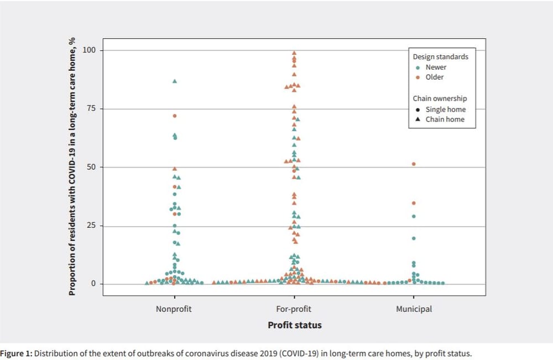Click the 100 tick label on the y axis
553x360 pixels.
(x=89, y=50)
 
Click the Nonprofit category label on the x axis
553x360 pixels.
(x=174, y=309)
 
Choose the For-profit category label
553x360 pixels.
(x=294, y=309)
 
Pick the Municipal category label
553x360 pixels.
(x=414, y=309)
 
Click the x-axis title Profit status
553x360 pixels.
(x=294, y=325)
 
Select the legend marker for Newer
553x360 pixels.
(x=418, y=67)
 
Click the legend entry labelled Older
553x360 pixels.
(x=435, y=77)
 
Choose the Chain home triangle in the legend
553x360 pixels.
(x=418, y=119)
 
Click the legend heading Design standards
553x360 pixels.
(x=440, y=56)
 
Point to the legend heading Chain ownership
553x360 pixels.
(x=440, y=98)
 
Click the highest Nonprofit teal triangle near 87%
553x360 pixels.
(x=175, y=81)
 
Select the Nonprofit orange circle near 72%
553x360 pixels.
(x=175, y=116)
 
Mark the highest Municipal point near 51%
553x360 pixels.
(x=414, y=164)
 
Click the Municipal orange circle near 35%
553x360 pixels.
(x=414, y=203)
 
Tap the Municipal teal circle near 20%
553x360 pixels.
(x=414, y=238)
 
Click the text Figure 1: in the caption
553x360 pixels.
(x=17, y=353)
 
